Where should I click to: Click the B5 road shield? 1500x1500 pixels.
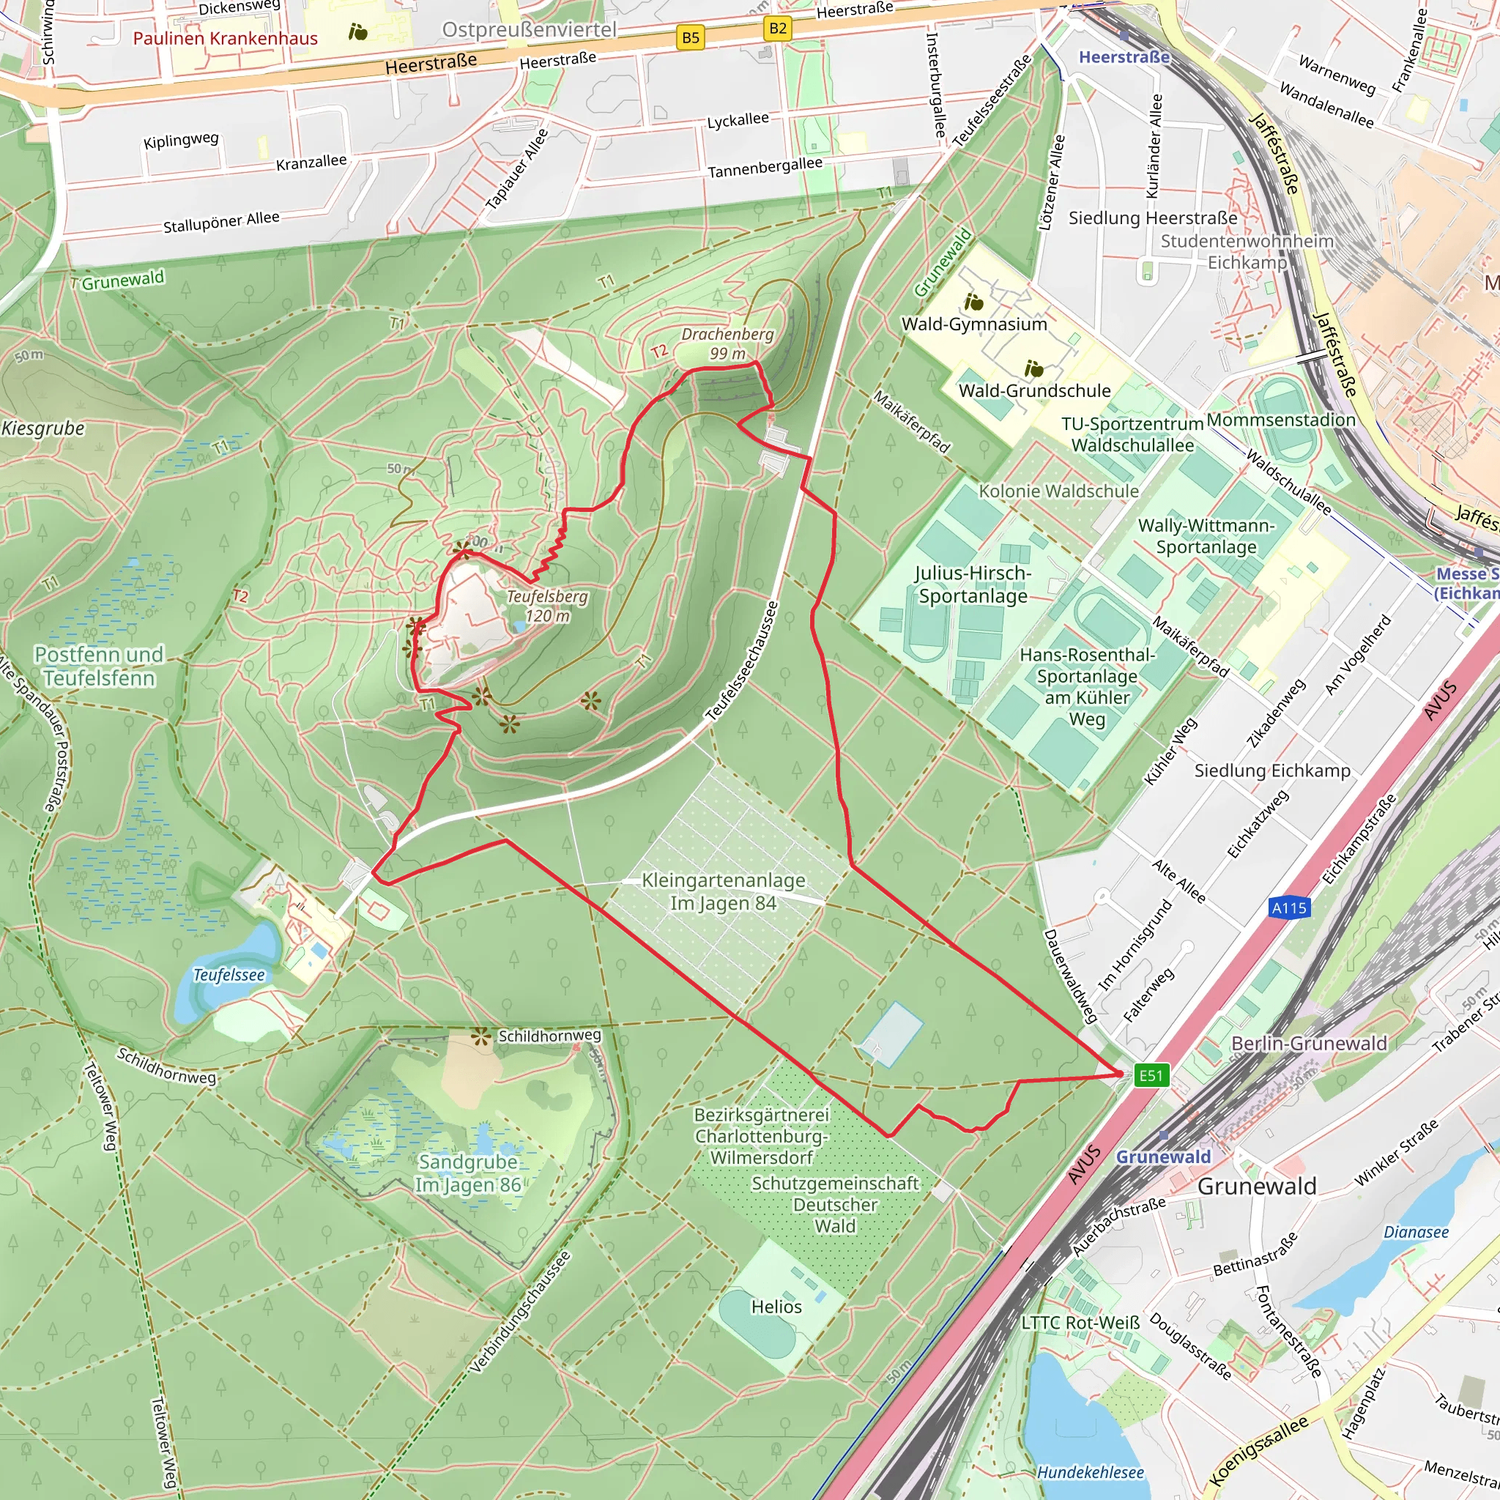690,37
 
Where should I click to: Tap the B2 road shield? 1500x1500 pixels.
777,29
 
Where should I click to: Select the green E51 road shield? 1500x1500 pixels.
1151,1075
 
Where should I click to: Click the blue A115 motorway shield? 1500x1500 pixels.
1289,907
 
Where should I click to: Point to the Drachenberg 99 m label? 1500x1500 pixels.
727,344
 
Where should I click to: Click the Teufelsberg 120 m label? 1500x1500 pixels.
547,606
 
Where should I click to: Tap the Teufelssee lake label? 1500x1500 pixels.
229,975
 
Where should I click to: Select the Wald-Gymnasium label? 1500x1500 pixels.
973,324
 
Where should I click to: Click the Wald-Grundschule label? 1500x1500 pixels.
1034,390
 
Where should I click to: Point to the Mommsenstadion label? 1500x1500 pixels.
1281,419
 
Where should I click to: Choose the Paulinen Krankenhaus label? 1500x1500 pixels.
225,38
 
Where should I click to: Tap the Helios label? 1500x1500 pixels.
776,1307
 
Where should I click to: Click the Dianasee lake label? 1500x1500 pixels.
1417,1232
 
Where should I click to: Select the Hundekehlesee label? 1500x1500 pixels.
1090,1472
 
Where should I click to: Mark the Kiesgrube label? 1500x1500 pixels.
42,428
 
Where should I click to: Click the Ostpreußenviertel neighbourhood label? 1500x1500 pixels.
530,29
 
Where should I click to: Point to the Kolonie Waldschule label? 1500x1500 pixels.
1058,491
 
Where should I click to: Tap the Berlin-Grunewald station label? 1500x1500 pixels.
1309,1043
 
